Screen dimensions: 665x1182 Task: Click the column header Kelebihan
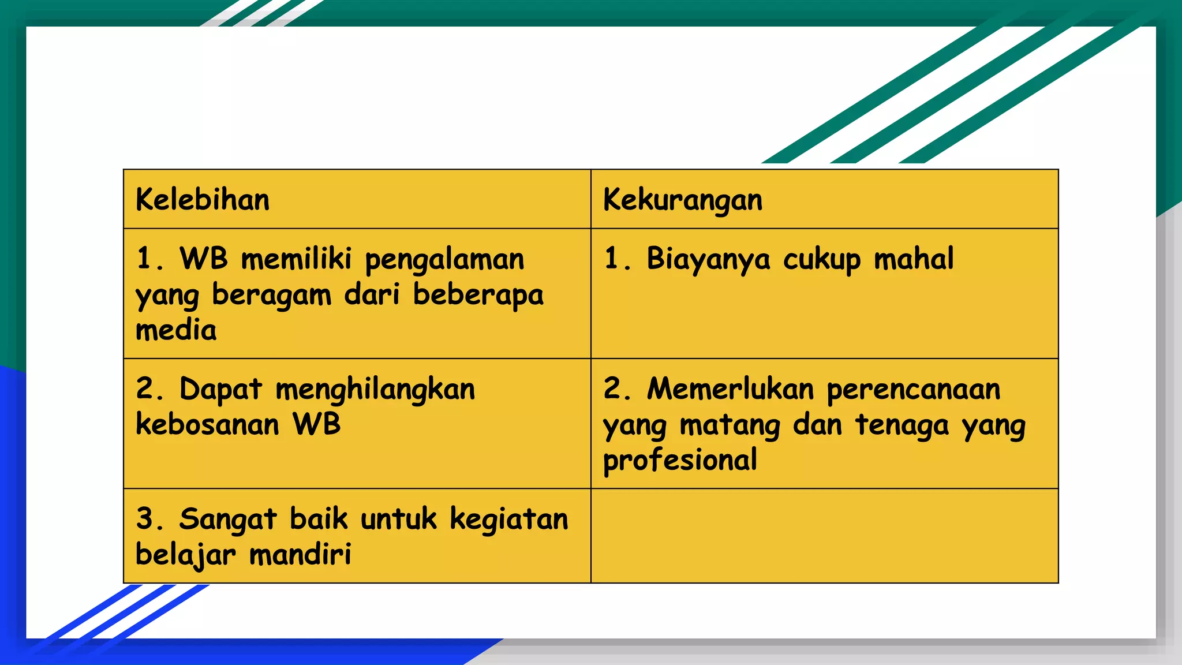[x=203, y=200]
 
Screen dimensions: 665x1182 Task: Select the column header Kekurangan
[x=683, y=200]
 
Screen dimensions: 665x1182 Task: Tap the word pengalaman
[x=444, y=259]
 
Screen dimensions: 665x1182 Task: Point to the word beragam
[x=271, y=296]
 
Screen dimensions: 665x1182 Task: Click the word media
[x=176, y=330]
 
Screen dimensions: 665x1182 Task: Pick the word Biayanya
[x=708, y=259]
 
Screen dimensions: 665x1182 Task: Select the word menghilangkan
[x=375, y=389]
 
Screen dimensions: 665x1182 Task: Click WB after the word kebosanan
[x=317, y=424]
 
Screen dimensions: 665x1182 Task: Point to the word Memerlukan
[x=730, y=388]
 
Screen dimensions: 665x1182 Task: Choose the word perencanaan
[x=914, y=390]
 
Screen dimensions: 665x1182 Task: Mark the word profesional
[x=680, y=461]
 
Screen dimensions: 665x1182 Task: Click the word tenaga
[x=902, y=425]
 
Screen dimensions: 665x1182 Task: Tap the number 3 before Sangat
[x=144, y=518]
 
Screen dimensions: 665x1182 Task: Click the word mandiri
[x=300, y=555]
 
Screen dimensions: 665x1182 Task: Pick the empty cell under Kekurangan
[x=824, y=536]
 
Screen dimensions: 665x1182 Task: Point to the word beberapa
[x=478, y=296]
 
